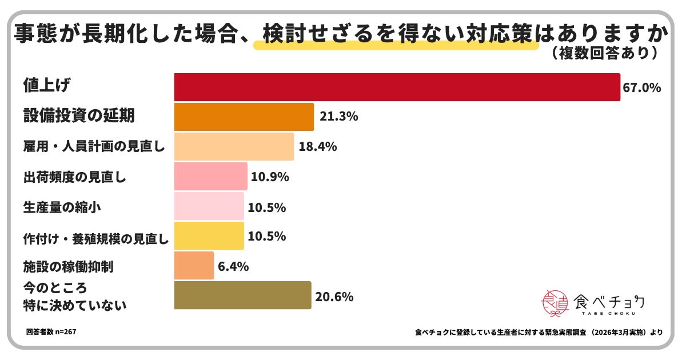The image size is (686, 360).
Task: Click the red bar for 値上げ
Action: pyautogui.click(x=397, y=87)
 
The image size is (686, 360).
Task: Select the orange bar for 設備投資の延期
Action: pyautogui.click(x=244, y=117)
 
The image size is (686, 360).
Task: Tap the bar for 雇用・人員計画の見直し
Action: pyautogui.click(x=234, y=146)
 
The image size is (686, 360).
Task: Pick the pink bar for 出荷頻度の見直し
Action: pyautogui.click(x=210, y=177)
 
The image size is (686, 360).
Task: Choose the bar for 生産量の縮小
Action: pyautogui.click(x=209, y=206)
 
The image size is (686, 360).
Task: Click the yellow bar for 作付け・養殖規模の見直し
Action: pyautogui.click(x=209, y=236)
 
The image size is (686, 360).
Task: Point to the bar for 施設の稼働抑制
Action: pyautogui.click(x=194, y=266)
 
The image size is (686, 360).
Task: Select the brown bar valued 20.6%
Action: pyautogui.click(x=242, y=295)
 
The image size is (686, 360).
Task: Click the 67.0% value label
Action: pyautogui.click(x=643, y=88)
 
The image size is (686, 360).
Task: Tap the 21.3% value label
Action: pyautogui.click(x=340, y=117)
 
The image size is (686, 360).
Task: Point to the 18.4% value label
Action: pyautogui.click(x=318, y=147)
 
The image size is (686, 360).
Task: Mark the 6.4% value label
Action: pyautogui.click(x=234, y=266)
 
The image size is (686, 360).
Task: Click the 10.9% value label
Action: pyautogui.click(x=270, y=177)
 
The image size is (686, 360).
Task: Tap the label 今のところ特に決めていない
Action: pyautogui.click(x=74, y=295)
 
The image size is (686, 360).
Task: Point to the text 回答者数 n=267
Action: pyautogui.click(x=51, y=331)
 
